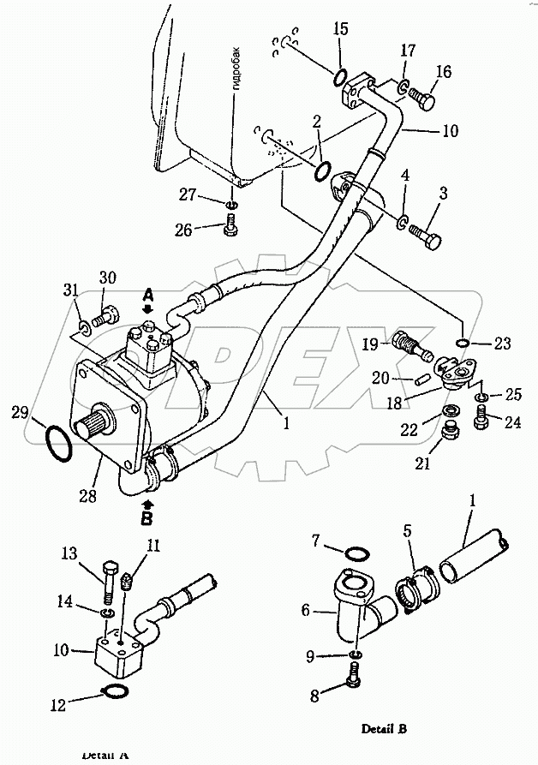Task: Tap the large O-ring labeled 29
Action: [57, 444]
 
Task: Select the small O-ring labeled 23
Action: [463, 343]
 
